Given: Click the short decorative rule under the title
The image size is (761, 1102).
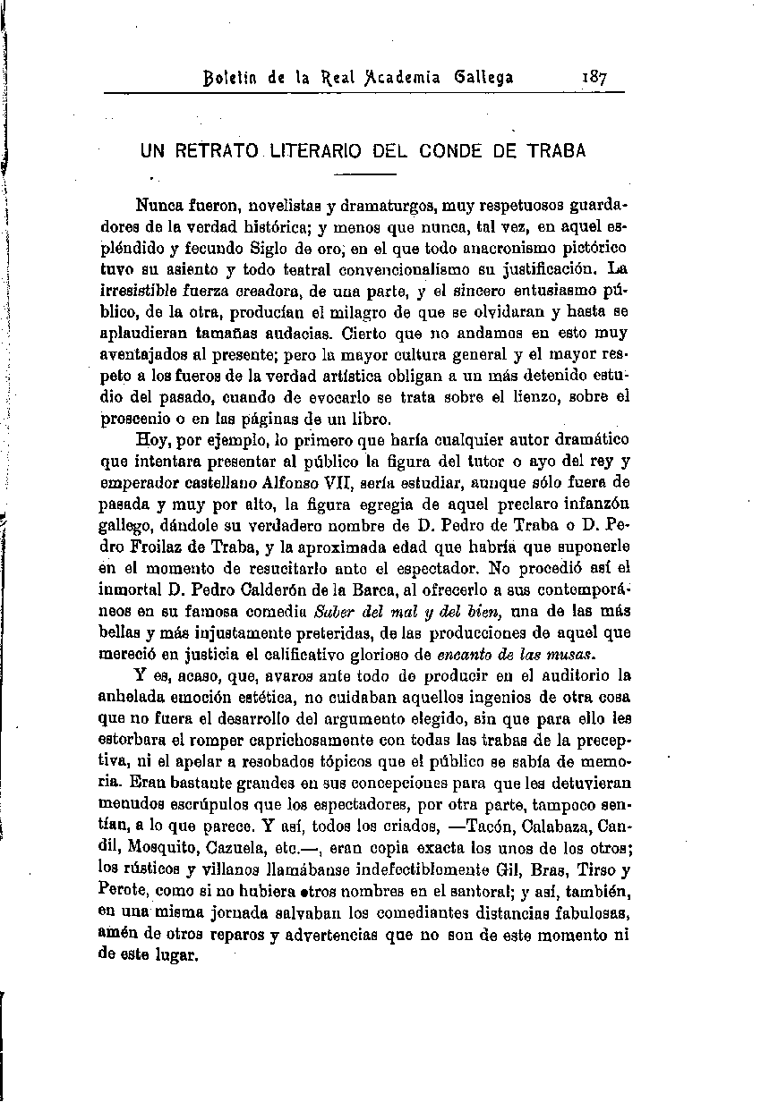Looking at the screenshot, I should pos(369,174).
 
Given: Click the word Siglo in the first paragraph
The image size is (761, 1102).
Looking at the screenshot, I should pos(252,245).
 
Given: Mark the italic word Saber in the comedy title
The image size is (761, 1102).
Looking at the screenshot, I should pos(336,612).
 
